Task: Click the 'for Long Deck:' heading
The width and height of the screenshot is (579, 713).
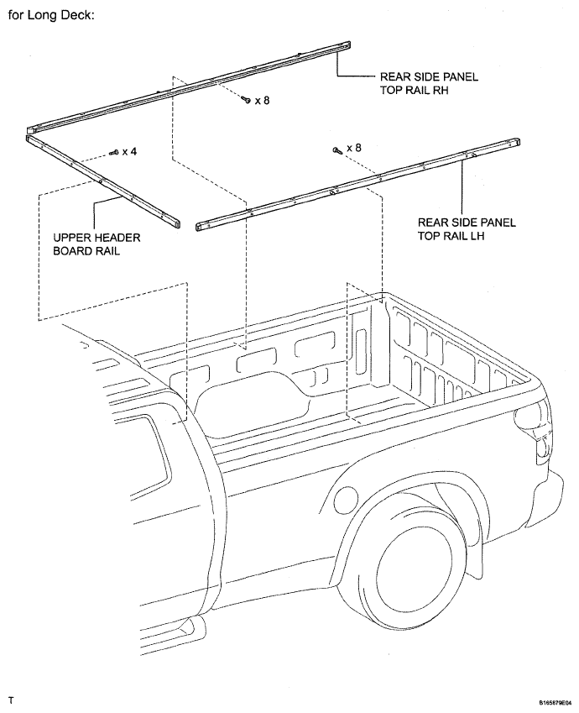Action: (51, 15)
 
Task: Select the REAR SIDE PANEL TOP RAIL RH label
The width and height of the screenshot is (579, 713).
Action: (429, 83)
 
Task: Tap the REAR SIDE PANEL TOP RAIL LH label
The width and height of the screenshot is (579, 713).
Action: (467, 228)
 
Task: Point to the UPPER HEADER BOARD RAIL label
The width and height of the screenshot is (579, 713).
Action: (96, 244)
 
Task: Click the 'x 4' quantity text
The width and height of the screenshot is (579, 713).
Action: (129, 151)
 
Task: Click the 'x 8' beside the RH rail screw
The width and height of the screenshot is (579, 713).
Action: (263, 100)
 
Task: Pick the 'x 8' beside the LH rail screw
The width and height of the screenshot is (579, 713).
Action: (354, 148)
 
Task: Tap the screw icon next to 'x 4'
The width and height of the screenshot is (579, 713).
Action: (114, 153)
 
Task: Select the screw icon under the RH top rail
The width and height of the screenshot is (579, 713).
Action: (247, 100)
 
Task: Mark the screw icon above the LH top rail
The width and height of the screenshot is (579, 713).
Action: (336, 149)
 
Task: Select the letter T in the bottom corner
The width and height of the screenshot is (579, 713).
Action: (11, 700)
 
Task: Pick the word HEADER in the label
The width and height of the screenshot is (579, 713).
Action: (117, 238)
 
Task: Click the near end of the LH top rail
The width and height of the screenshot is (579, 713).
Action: (201, 227)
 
